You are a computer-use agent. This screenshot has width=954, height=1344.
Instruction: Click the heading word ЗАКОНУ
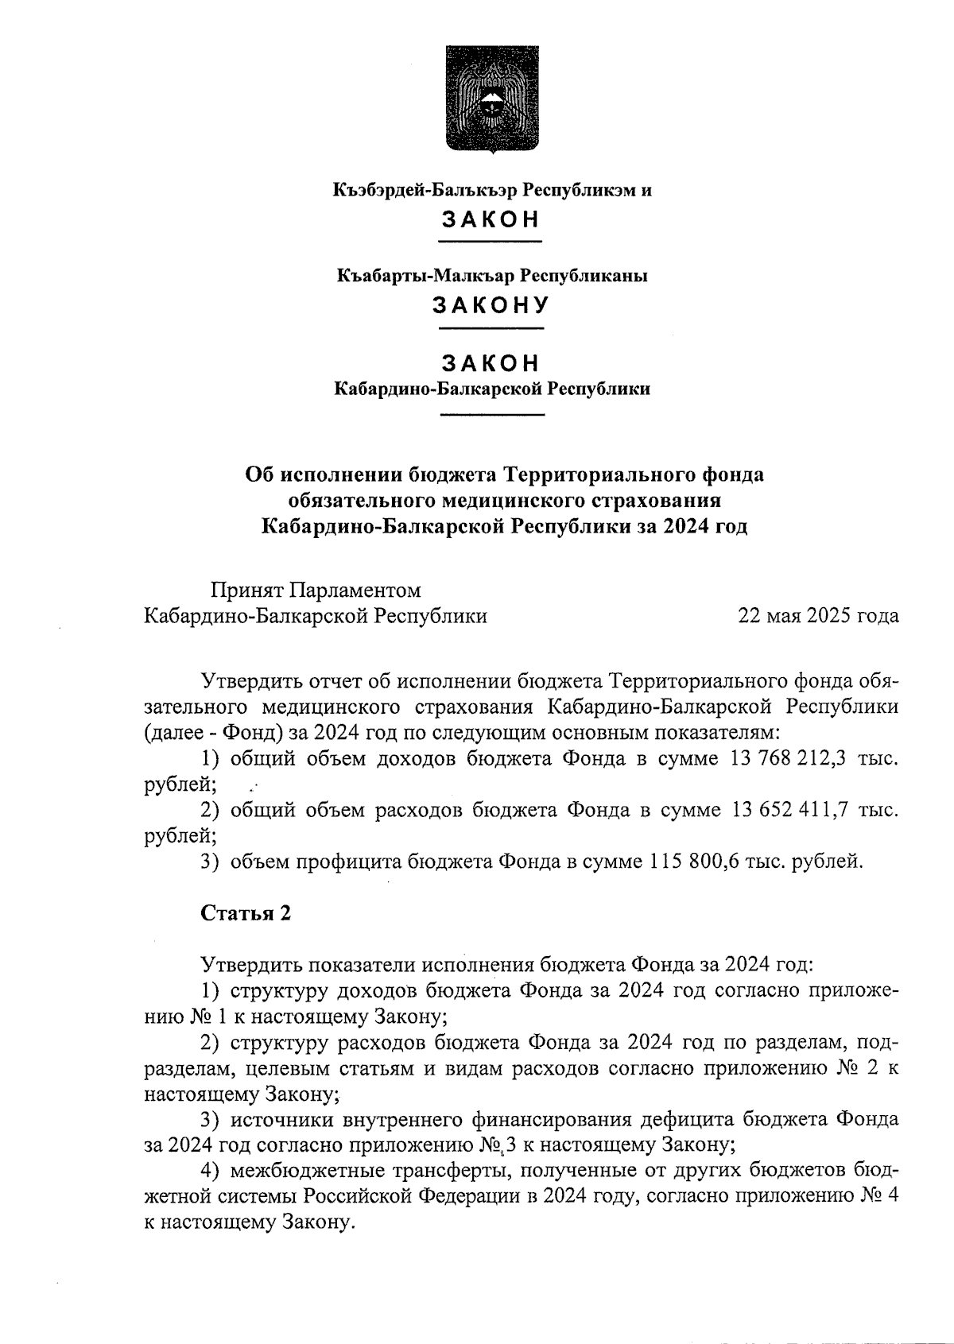tap(491, 306)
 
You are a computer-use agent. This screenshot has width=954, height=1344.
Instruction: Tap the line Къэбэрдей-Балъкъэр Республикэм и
tap(491, 191)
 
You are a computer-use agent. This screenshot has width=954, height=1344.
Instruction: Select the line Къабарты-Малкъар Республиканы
tap(491, 277)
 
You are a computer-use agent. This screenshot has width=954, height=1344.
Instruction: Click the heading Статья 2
tap(246, 913)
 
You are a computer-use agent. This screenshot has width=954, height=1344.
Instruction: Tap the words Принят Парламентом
tap(315, 591)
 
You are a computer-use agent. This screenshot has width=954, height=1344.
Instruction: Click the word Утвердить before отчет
tap(250, 681)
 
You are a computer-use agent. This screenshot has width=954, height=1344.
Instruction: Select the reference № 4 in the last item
tap(880, 1196)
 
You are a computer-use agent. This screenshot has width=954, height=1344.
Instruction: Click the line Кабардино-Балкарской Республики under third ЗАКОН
tap(491, 389)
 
